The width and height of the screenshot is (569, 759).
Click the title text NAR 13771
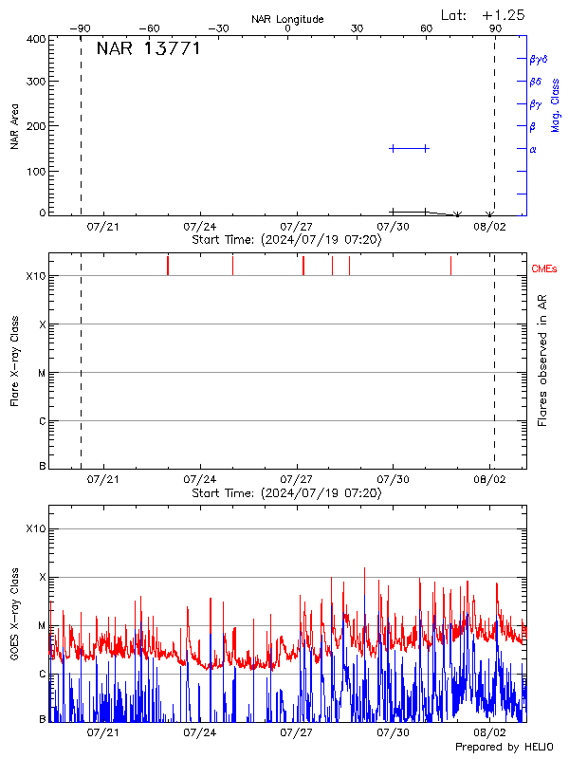coord(148,49)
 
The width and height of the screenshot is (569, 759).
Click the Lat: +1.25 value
coord(484,14)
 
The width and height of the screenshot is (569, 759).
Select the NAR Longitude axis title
coord(287,19)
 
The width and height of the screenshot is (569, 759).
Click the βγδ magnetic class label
coord(539,59)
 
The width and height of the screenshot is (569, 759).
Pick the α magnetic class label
coord(533,149)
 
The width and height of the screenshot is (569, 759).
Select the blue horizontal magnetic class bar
coord(410,148)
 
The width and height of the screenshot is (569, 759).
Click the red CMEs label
coord(545,269)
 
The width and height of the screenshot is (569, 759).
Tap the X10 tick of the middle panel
coord(36,276)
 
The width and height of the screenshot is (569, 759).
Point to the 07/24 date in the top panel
coord(200,227)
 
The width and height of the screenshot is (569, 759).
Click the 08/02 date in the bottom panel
coord(489,732)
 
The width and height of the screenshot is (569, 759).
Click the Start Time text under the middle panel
coord(286,493)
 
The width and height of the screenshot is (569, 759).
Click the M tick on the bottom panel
coord(42,625)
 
